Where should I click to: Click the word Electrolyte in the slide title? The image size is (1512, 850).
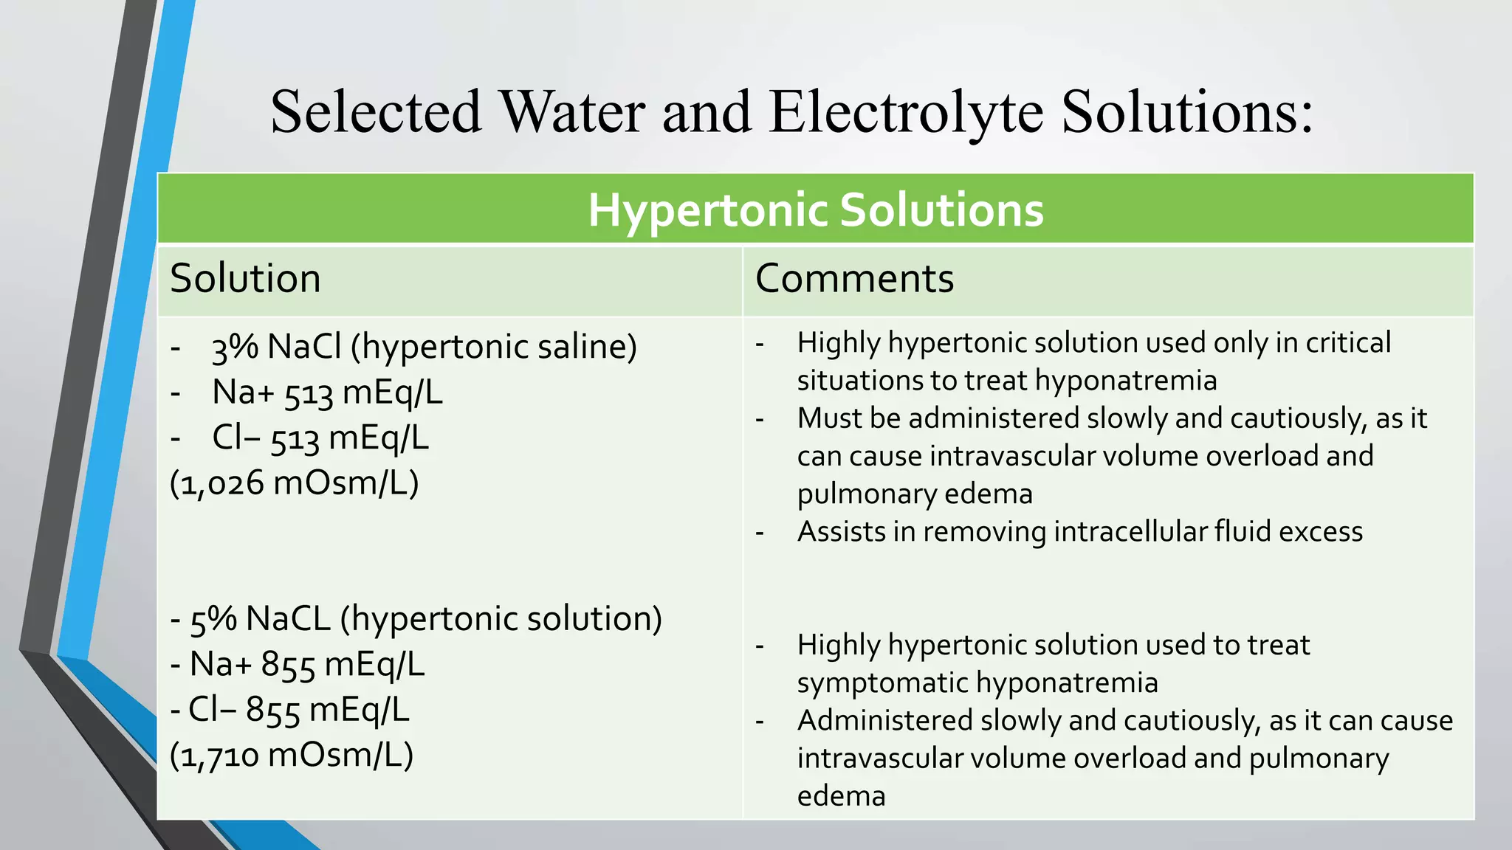pos(906,112)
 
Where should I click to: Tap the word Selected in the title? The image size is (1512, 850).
pos(376,112)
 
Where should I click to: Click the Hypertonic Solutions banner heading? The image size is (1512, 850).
pos(815,210)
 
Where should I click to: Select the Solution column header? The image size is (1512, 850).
pos(245,279)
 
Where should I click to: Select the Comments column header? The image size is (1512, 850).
pos(854,279)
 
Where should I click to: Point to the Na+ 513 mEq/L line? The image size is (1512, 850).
pos(327,393)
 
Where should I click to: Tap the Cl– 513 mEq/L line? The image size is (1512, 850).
pos(320,438)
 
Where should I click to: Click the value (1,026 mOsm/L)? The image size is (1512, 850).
pos(294,484)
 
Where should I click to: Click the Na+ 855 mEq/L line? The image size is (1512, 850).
pos(306,665)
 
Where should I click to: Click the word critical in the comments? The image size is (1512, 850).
pos(1348,343)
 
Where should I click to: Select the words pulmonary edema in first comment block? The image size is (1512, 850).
pos(914,494)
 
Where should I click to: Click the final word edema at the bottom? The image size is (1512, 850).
pos(841,796)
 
